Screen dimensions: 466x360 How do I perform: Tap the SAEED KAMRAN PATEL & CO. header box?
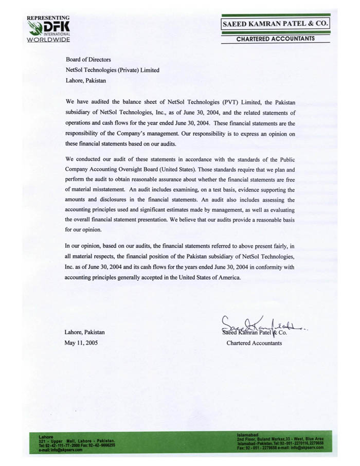275,24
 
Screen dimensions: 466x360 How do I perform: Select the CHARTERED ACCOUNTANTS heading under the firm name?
275,39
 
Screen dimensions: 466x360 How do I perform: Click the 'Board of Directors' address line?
88,60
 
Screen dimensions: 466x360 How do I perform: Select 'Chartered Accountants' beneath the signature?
254,343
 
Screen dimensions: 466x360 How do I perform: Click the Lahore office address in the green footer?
77,444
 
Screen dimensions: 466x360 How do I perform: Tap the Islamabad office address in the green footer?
280,443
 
